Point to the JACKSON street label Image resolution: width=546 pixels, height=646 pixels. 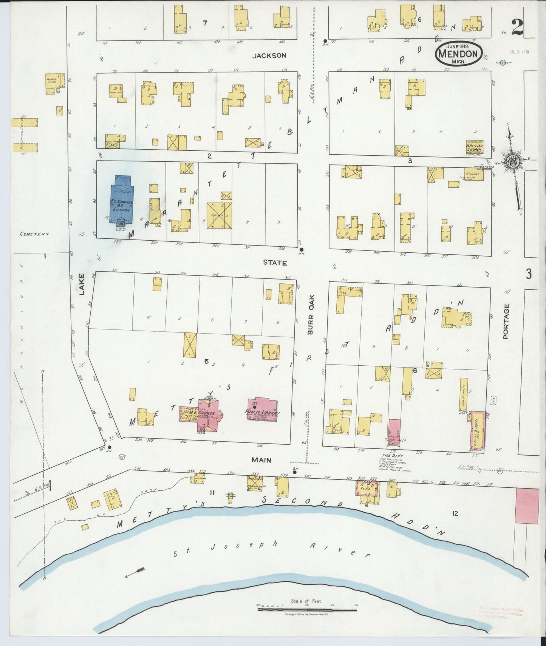click(269, 56)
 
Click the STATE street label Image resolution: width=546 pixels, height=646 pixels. click(275, 263)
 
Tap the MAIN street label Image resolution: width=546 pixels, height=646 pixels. click(262, 460)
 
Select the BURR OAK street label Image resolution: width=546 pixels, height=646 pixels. click(311, 320)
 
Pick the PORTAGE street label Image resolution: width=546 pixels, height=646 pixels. click(506, 321)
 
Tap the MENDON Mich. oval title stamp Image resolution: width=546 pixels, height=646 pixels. click(459, 54)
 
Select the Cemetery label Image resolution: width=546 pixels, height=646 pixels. click(35, 234)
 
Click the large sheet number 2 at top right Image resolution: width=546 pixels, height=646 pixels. click(517, 27)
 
